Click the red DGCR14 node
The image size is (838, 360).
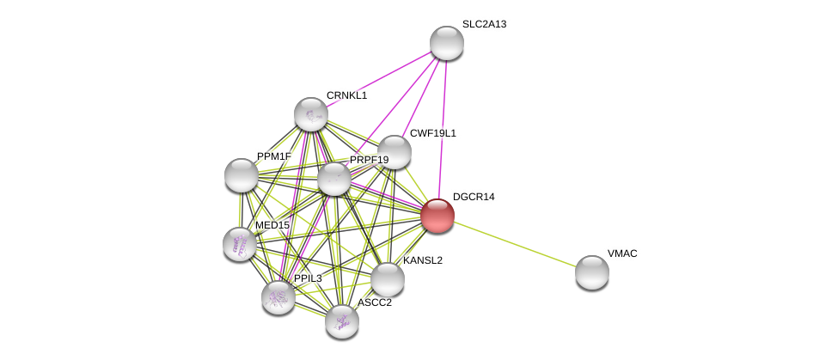(x=437, y=216)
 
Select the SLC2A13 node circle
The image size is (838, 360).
(x=447, y=43)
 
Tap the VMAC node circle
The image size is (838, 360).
(x=592, y=272)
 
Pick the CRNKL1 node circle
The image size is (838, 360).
(x=311, y=114)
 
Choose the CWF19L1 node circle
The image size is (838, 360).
(x=395, y=152)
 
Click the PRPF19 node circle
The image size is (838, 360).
(x=334, y=179)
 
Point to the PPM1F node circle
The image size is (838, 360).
(x=242, y=175)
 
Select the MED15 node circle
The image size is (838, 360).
(x=240, y=244)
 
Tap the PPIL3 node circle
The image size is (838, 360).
(x=278, y=297)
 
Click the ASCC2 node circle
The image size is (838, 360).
(x=342, y=321)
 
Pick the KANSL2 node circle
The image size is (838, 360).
(x=388, y=279)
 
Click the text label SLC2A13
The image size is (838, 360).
(x=484, y=24)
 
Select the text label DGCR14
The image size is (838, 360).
(x=474, y=197)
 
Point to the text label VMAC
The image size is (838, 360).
(x=622, y=253)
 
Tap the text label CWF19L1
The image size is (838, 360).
(x=432, y=133)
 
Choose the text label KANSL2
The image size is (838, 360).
(x=423, y=260)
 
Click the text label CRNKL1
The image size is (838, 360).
(x=346, y=95)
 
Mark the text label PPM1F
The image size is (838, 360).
(x=274, y=156)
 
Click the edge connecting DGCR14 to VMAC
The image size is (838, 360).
(x=516, y=245)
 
